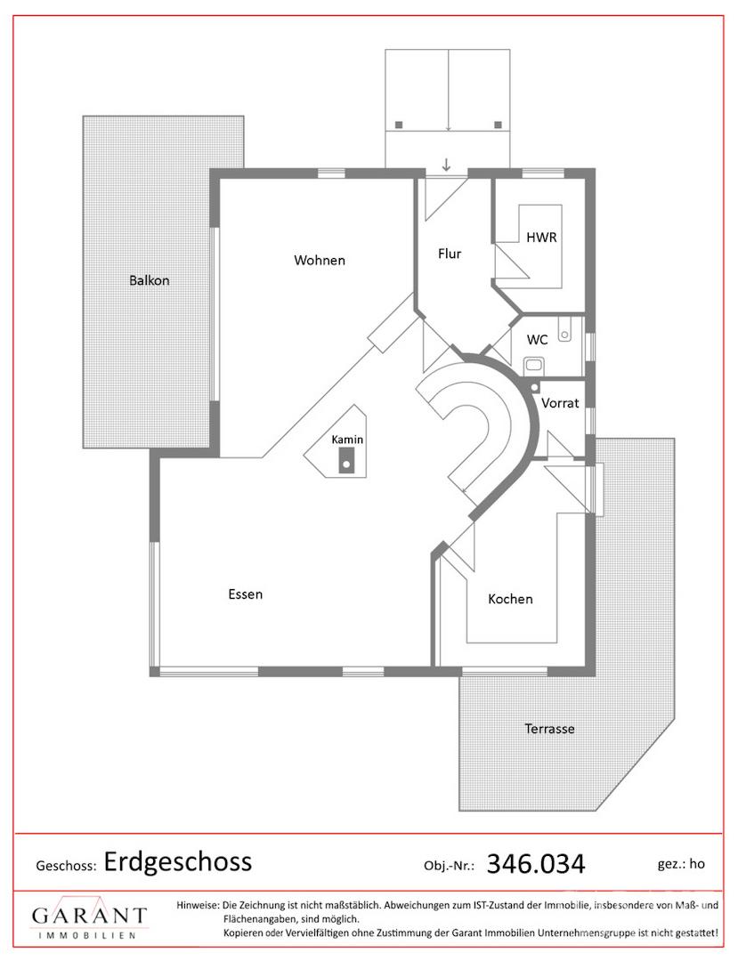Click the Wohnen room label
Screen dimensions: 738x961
pos(320,261)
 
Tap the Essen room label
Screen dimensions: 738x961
pos(245,594)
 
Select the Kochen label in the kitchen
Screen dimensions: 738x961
pos(510,599)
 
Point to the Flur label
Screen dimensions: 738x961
pos(450,254)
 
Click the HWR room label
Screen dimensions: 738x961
pos(541,238)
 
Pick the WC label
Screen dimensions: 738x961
pos(537,340)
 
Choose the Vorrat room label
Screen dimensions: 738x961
pos(560,403)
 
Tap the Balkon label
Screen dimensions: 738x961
pos(149,280)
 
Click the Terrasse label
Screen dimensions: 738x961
pos(549,729)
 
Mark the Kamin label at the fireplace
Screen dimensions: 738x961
pos(347,440)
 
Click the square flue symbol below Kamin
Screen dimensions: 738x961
pos(347,461)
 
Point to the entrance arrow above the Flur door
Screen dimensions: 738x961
pos(446,165)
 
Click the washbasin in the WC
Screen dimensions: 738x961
pos(564,329)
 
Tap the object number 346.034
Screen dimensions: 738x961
pos(536,864)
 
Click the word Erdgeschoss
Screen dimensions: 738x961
pos(178,861)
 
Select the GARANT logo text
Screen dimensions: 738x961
pos(90,917)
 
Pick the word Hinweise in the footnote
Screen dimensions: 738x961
pos(198,905)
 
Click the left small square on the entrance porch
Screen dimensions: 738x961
pos(399,125)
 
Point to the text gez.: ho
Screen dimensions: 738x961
pos(681,864)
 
